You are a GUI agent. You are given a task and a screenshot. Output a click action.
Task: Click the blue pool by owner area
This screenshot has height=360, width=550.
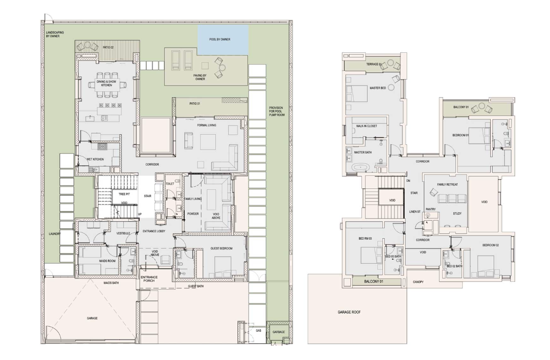pos(223,40)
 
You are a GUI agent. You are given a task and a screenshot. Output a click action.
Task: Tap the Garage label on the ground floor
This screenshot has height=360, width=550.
pos(92,318)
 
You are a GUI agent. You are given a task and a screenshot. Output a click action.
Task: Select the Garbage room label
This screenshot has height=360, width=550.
pos(279,332)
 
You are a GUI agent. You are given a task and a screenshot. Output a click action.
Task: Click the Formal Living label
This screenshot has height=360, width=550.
pos(206,125)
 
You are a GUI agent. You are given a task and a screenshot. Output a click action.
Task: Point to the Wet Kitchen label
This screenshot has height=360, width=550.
pos(95,160)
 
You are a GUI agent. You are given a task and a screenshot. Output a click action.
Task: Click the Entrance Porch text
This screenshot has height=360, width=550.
pos(149,279)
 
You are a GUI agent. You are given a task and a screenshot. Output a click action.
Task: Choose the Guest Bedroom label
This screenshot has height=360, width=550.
pos(221,248)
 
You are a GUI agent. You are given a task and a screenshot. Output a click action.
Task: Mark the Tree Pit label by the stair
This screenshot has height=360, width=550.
pos(124,194)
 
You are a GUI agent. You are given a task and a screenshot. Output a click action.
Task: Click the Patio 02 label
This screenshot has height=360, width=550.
pos(108,48)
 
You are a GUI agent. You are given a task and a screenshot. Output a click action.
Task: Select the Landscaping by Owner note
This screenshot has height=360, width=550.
pos(55,34)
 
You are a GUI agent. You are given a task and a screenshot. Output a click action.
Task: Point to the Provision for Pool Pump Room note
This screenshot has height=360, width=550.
pos(277,112)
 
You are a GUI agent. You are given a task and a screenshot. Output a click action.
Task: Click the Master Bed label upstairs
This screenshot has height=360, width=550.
pos(378,88)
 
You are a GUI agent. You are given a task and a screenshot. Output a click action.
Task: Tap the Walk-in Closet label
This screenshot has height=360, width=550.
pos(367,126)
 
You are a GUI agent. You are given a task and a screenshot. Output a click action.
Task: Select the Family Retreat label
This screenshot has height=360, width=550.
pos(447,184)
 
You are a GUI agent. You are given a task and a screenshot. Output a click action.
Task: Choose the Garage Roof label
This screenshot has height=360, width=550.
pos(349,312)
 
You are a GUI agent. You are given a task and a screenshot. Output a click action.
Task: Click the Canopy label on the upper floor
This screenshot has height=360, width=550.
pos(418,282)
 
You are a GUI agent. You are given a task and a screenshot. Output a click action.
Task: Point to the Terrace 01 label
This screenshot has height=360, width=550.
pos(374,64)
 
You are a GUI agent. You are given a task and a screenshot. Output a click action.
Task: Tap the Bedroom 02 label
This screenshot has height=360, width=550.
pos(490,245)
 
